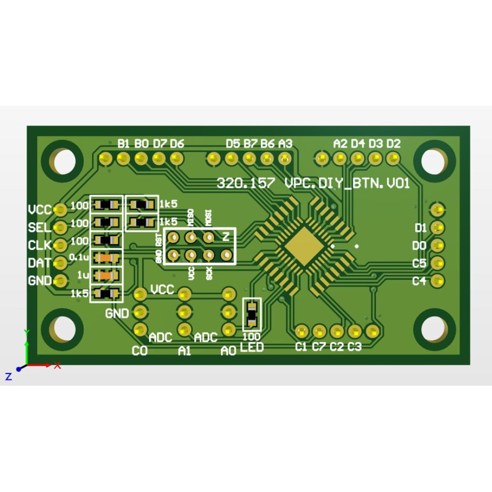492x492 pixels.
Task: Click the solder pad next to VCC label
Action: (60, 210)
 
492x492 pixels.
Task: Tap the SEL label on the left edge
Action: (39, 228)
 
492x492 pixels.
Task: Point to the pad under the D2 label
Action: (393, 158)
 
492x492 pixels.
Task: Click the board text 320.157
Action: (246, 184)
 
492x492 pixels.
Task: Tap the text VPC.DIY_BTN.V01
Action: (347, 184)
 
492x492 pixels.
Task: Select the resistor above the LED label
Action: (252, 314)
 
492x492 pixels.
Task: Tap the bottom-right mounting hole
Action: (433, 329)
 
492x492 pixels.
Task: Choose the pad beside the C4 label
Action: (437, 281)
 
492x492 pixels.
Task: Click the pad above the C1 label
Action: (301, 331)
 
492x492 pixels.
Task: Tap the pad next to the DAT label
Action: (60, 263)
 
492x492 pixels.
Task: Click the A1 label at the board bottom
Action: (184, 351)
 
